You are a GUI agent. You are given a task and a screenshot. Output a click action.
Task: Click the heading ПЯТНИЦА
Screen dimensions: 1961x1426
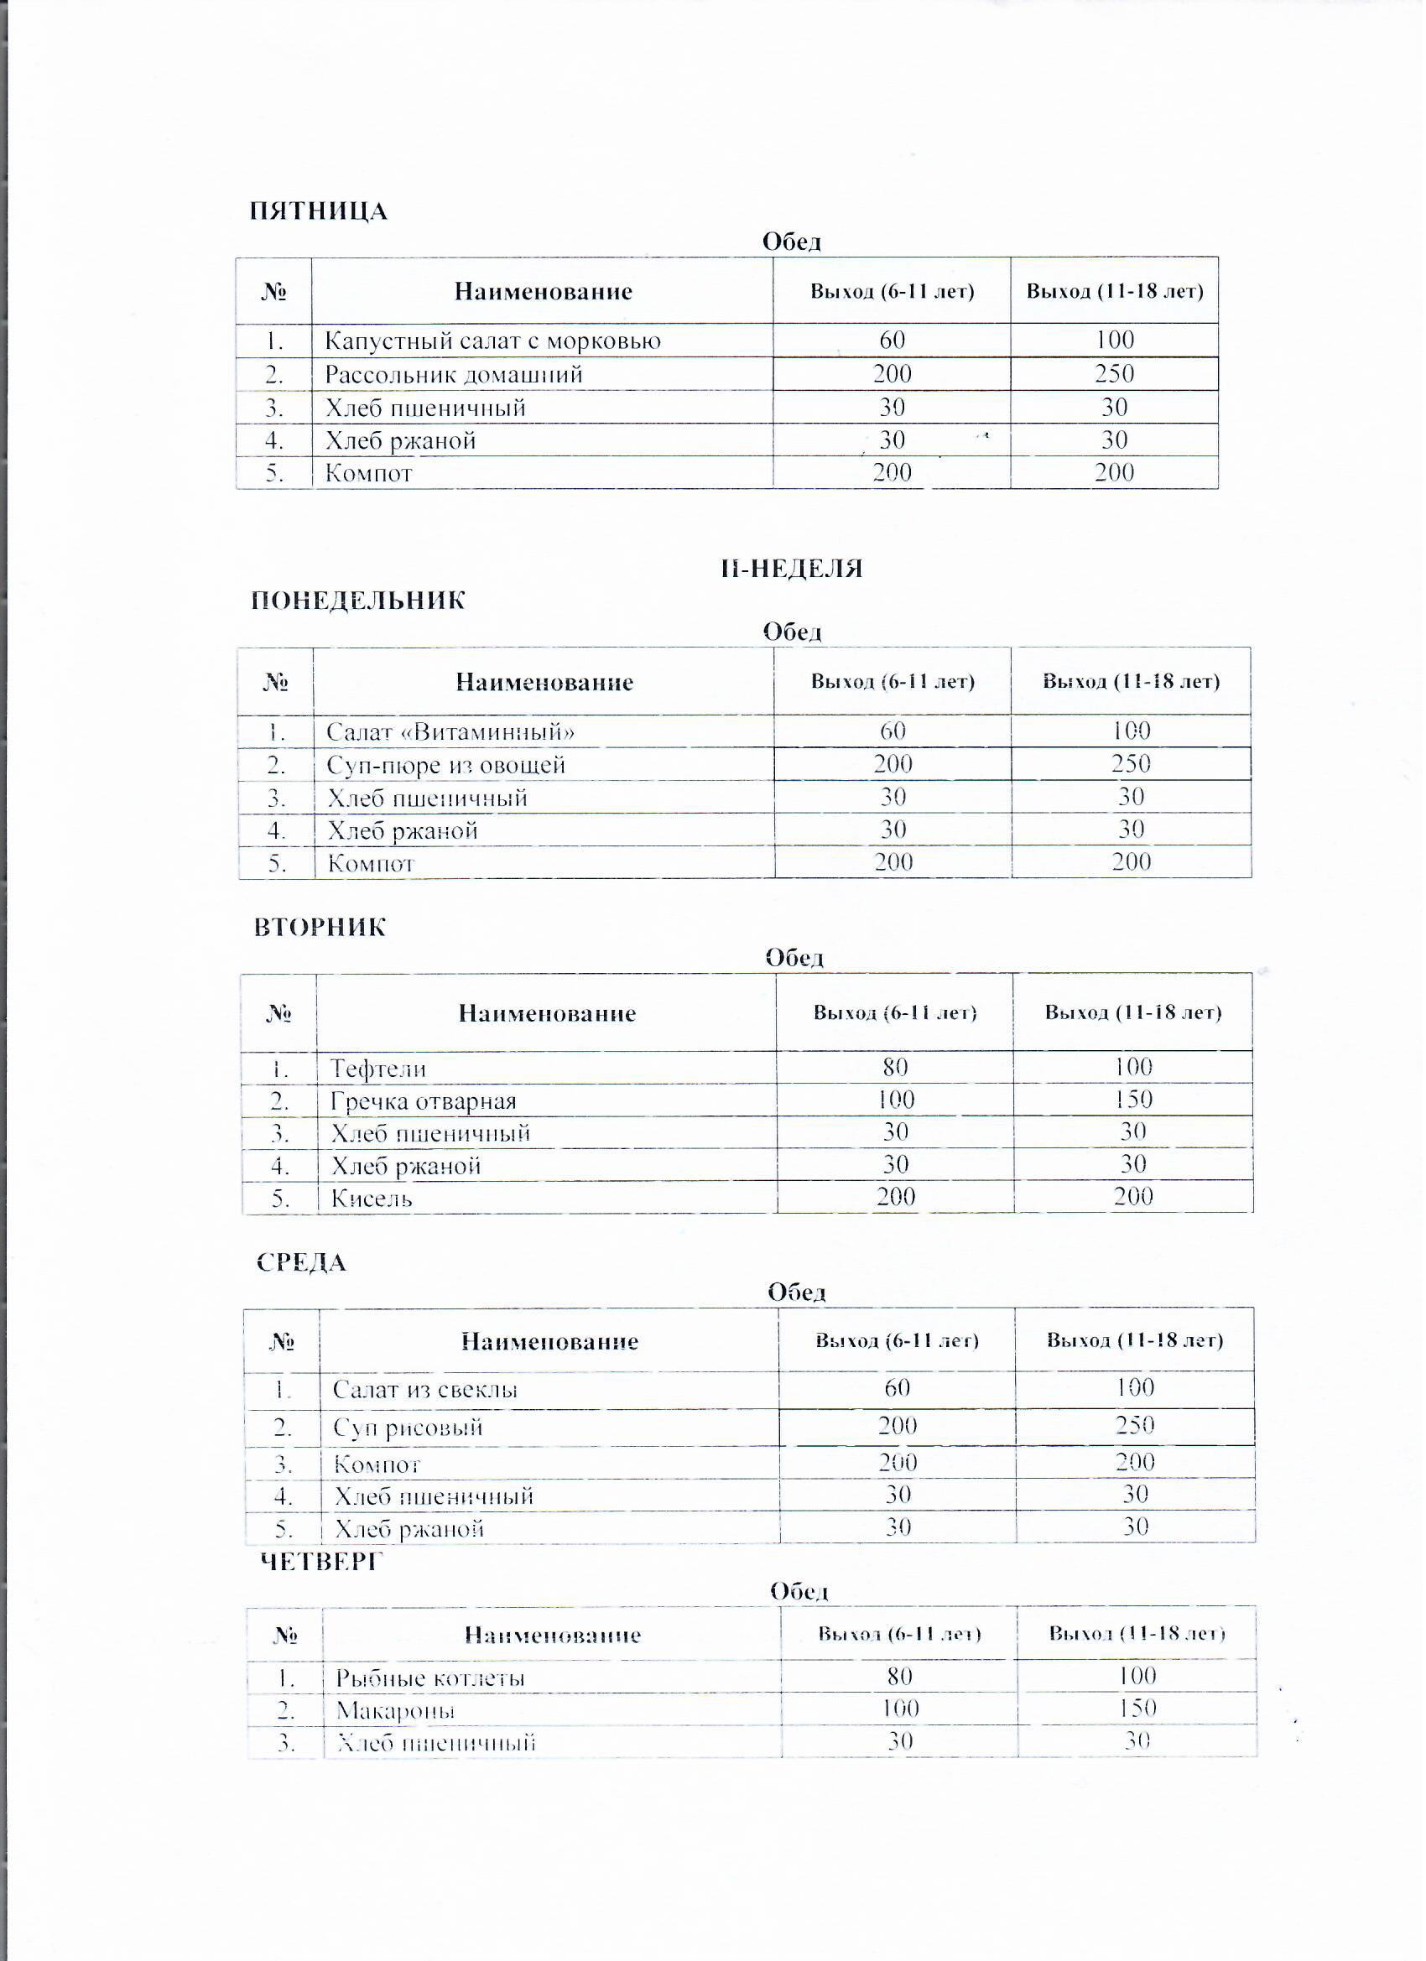pos(318,212)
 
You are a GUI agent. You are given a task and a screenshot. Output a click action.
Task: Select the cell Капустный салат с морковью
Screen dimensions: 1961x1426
pos(493,341)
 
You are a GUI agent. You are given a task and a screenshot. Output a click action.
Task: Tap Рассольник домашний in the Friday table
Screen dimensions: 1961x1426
pos(454,375)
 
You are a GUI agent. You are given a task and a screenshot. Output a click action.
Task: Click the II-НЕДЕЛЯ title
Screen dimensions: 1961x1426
pos(792,569)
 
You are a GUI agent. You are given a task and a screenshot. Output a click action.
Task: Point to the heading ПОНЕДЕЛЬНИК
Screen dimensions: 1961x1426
pos(358,601)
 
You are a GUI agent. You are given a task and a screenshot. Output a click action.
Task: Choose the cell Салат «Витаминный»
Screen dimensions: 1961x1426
pos(450,733)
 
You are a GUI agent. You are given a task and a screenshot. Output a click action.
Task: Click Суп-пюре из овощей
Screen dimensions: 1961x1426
pos(446,766)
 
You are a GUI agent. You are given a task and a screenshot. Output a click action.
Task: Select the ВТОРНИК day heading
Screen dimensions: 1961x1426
pos(320,928)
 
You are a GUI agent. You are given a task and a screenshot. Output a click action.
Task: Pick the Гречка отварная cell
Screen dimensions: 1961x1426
pos(424,1102)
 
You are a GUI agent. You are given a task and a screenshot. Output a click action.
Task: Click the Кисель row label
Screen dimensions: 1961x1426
pos(372,1199)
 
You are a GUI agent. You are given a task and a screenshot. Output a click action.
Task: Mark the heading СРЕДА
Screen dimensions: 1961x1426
pos(302,1264)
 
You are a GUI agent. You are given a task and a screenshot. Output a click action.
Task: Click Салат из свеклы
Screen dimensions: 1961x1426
pos(425,1391)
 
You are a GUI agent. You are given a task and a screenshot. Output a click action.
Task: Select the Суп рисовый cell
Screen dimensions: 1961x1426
pos(409,1428)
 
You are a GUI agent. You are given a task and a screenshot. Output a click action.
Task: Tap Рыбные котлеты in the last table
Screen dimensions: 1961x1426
pos(430,1679)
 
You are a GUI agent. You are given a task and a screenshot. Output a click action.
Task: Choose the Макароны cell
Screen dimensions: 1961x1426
pos(395,1711)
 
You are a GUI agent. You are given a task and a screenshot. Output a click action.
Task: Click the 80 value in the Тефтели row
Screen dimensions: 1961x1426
pos(896,1068)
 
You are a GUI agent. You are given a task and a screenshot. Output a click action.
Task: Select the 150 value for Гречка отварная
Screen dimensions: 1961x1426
pos(1134,1100)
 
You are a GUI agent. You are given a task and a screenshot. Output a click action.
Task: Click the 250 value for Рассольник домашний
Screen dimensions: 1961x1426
pos(1115,374)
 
